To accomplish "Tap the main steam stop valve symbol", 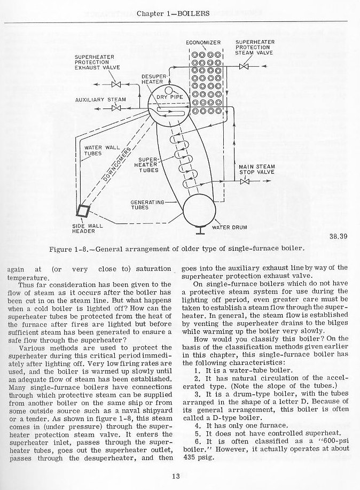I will point(245,182).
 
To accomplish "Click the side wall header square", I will point(83,210).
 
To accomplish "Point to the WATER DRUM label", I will point(230,228).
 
